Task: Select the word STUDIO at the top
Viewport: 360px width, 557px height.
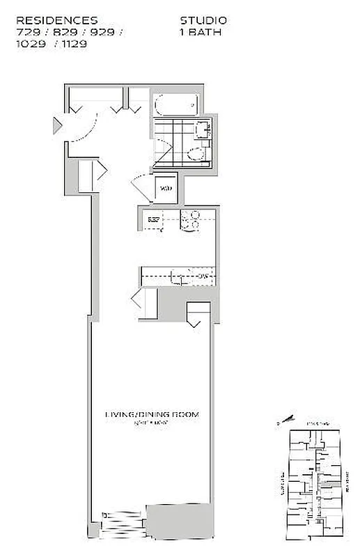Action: (203, 21)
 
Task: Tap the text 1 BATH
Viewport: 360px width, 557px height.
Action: (201, 31)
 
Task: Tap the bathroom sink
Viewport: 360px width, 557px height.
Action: (203, 129)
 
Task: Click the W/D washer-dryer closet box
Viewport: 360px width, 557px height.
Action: (166, 187)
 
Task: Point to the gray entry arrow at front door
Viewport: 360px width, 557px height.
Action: (57, 126)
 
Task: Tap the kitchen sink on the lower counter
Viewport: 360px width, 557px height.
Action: (179, 277)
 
